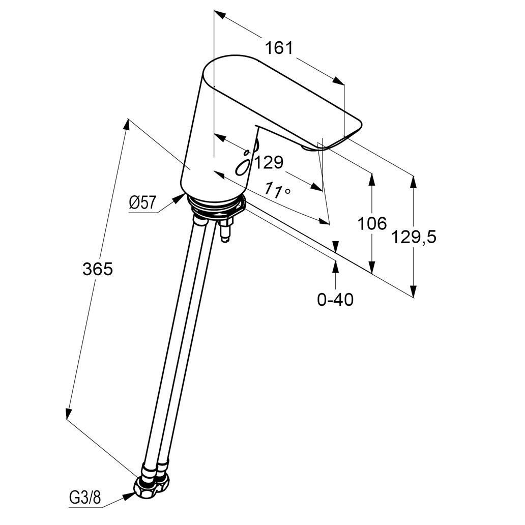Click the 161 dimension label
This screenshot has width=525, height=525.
pos(279,48)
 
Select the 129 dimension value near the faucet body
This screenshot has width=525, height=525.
pos(269,163)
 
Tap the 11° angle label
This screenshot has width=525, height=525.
pos(277,190)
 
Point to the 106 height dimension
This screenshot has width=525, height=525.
pos(372,223)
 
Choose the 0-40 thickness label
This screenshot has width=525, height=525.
pos(335,299)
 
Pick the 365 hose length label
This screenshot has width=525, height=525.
pos(98,269)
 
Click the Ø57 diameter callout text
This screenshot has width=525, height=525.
pos(142,202)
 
